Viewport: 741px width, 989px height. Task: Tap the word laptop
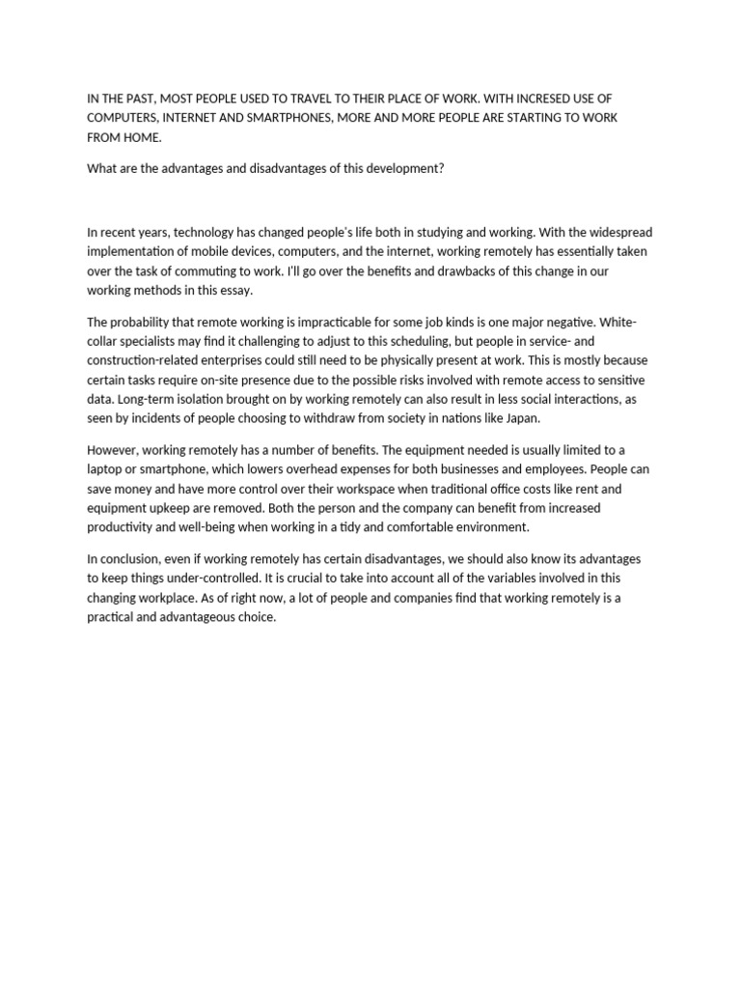106,469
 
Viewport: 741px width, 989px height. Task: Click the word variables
515,579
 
